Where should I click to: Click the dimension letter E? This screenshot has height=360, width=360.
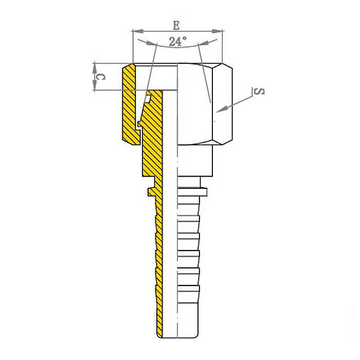tap(176, 25)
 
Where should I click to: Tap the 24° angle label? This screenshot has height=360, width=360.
tap(177, 41)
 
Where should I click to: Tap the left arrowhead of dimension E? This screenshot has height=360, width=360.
tap(138, 31)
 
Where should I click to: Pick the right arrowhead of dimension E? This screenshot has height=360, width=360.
tap(217, 31)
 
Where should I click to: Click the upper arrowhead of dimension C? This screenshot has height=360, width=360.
tap(94, 68)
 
